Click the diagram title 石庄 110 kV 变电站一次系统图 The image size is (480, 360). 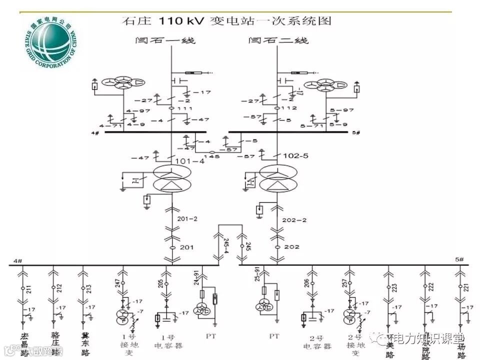coord(226,21)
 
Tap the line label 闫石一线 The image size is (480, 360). coord(165,40)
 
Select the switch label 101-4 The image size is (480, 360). coord(190,161)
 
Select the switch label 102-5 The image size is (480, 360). coord(296,155)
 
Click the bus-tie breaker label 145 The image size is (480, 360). coord(215,156)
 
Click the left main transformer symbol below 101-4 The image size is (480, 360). coord(171,178)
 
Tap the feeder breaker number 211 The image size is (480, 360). coord(29,287)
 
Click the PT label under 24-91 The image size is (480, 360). coord(210,336)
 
